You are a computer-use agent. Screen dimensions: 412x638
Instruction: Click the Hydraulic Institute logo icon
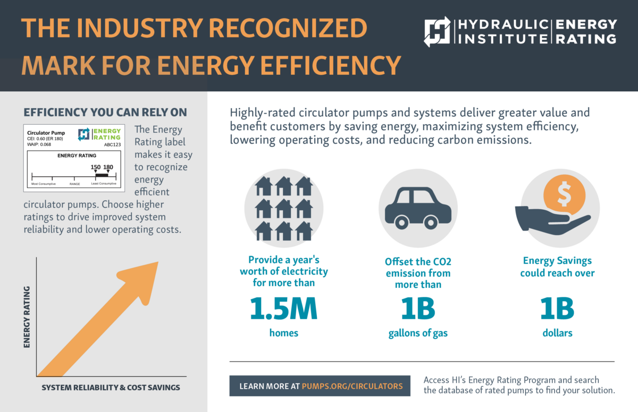tap(437, 32)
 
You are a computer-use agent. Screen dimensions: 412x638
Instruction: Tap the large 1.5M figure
tap(283, 308)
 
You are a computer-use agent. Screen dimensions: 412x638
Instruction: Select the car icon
tap(418, 206)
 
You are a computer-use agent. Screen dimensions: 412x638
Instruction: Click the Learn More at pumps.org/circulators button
tap(320, 386)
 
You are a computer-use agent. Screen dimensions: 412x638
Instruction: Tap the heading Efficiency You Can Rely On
tap(105, 113)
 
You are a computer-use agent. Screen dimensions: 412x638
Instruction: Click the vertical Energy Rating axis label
tap(27, 317)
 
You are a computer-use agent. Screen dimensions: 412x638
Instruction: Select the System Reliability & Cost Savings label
tap(111, 388)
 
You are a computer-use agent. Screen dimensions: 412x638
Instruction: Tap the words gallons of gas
tap(418, 333)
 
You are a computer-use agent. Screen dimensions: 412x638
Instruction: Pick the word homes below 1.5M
tap(283, 333)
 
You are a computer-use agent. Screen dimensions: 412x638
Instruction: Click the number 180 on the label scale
tap(108, 167)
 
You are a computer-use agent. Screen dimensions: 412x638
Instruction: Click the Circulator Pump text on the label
tap(45, 133)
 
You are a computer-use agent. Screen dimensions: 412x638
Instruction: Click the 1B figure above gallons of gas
tap(418, 308)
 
